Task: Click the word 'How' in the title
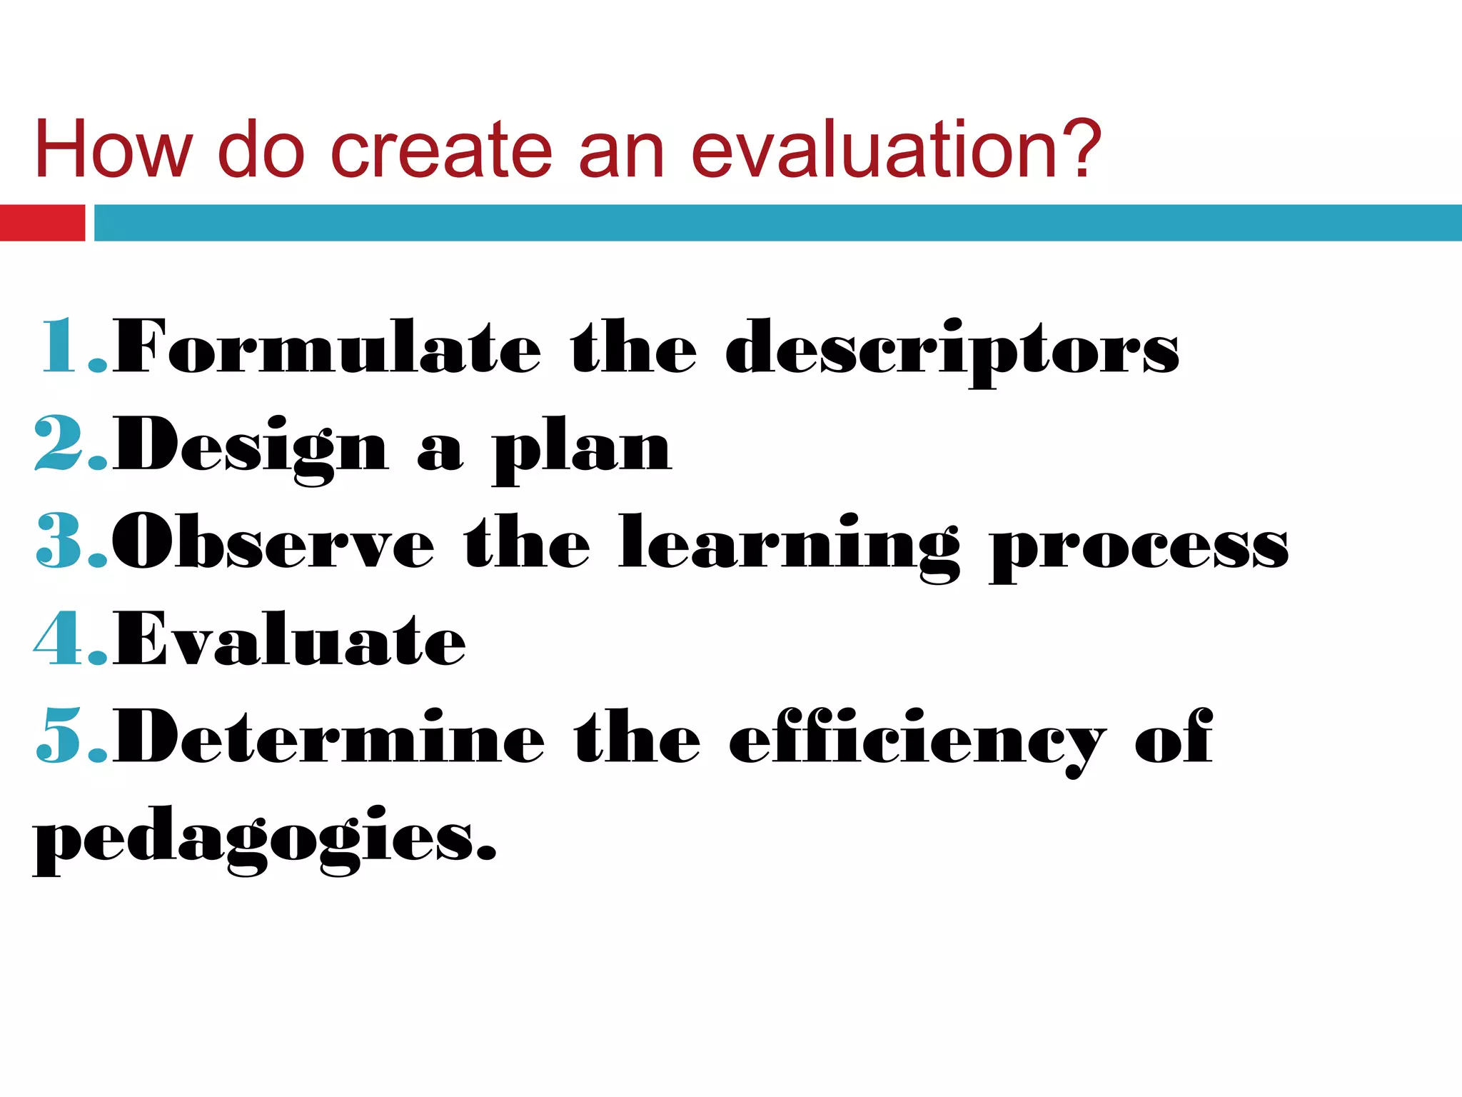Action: click(x=113, y=150)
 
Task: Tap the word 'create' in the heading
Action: click(x=441, y=150)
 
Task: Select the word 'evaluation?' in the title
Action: click(x=897, y=150)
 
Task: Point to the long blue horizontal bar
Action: click(x=778, y=223)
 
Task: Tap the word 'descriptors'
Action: click(x=952, y=350)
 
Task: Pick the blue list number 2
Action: click(x=60, y=444)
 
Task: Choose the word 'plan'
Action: click(x=581, y=450)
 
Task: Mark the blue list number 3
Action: click(x=60, y=541)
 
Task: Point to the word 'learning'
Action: click(x=790, y=546)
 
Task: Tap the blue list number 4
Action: click(x=60, y=638)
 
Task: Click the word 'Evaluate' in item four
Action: click(x=290, y=638)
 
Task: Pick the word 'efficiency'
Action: click(x=917, y=740)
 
